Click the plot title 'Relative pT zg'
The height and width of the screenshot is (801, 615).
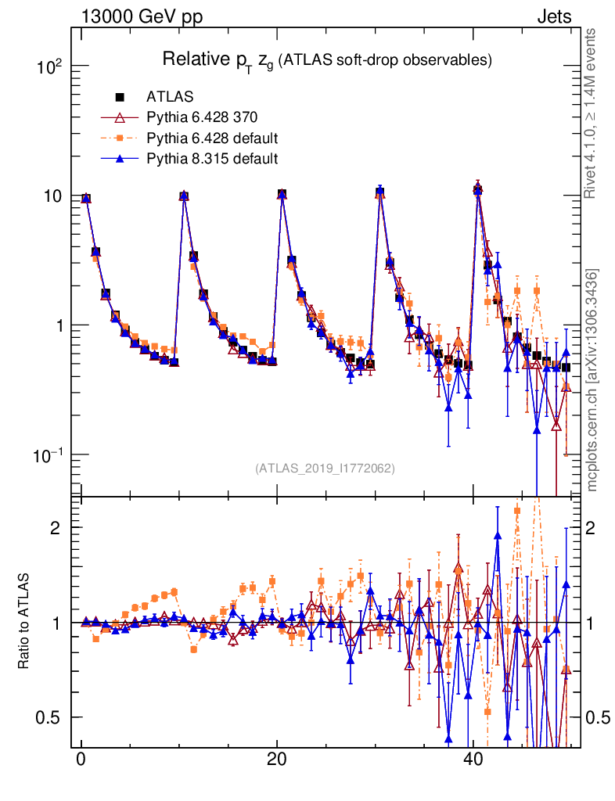(326, 60)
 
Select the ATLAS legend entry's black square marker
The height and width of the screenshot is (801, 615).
(120, 97)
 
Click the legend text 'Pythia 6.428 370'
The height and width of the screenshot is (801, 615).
(201, 118)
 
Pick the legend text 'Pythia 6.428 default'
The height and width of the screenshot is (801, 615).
(212, 138)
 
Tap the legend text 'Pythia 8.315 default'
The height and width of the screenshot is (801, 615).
(212, 159)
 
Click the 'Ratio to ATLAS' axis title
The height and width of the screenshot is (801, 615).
(24, 622)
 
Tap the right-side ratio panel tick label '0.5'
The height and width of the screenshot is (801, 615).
(598, 717)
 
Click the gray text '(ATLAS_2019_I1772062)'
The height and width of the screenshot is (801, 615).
(325, 469)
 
